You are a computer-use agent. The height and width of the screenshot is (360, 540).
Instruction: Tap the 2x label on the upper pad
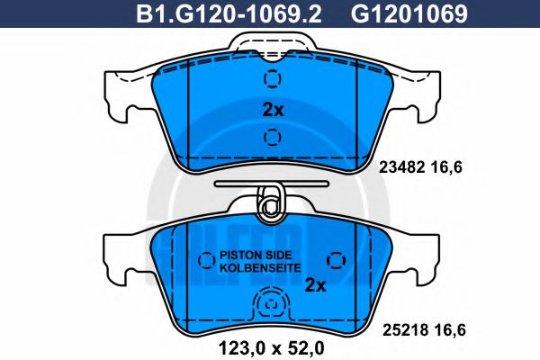coord(272,110)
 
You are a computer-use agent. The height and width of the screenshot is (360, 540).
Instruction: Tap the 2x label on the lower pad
coord(315,285)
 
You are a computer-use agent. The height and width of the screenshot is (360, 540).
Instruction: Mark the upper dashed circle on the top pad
coord(271,78)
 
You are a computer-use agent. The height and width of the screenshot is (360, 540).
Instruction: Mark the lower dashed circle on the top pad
coord(271,138)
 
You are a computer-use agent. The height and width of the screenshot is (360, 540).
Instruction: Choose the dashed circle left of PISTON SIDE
coord(206,260)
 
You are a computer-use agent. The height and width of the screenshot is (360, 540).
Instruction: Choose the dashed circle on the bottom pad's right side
coord(337,260)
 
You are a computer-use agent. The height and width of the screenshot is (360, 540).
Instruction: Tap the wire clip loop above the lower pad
coord(268,203)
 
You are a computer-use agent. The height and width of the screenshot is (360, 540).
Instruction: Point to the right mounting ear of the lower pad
coord(419,256)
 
